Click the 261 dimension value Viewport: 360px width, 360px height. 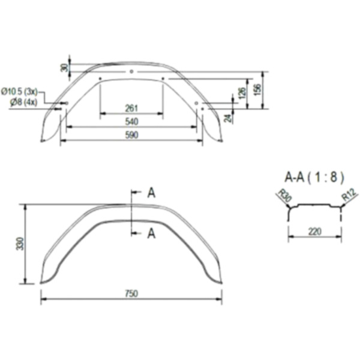[131, 108]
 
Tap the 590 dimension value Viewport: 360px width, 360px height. [131, 135]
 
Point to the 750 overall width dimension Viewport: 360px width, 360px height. [131, 293]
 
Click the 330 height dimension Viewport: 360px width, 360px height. [20, 243]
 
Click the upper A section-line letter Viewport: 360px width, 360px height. [151, 193]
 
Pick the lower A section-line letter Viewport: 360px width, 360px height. [151, 233]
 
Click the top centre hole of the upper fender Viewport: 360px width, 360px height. [131, 71]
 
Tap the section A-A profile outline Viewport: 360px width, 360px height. [316, 206]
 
